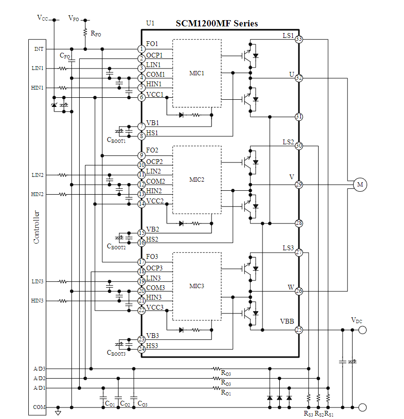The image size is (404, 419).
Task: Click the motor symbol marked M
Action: click(x=360, y=185)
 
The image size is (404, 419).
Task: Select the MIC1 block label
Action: click(x=197, y=73)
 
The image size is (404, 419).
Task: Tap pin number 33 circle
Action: click(x=298, y=39)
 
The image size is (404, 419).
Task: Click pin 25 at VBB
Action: click(x=298, y=330)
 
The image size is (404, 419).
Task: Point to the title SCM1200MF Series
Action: click(x=216, y=23)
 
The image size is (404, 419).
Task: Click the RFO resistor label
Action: click(x=95, y=34)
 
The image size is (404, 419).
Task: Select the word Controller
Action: click(x=36, y=227)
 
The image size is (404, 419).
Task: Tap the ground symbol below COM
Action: click(x=58, y=413)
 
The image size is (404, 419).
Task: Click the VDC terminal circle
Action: click(x=362, y=330)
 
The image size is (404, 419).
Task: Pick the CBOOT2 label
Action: click(x=116, y=246)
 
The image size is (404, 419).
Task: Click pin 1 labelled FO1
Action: click(x=142, y=49)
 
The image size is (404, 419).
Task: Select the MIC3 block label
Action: click(x=197, y=286)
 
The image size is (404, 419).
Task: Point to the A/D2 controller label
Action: click(x=39, y=378)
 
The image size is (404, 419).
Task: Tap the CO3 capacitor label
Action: click(x=142, y=404)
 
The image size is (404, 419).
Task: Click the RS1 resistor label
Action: click(x=329, y=414)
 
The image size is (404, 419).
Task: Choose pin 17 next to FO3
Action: click(x=142, y=262)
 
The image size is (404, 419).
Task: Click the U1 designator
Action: click(x=150, y=23)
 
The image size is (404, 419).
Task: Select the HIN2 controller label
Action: click(x=37, y=194)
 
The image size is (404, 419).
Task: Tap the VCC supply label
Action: click(x=43, y=18)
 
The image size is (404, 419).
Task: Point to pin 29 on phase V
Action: click(x=298, y=185)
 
